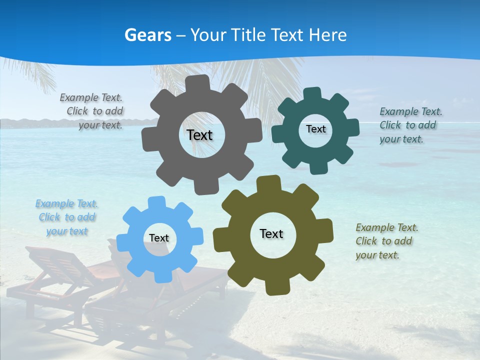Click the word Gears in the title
point(148,35)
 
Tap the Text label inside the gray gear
point(199,135)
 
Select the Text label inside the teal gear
point(315,129)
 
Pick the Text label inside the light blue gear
point(159,238)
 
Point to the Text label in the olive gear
point(271,233)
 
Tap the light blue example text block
point(67,217)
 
